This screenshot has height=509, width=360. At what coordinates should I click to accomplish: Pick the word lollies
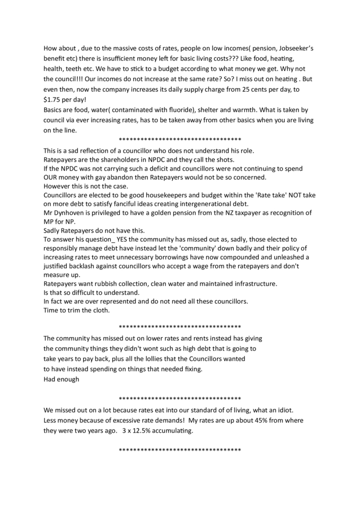[x=146, y=359]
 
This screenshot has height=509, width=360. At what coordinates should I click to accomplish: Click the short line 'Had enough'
[x=62, y=379]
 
